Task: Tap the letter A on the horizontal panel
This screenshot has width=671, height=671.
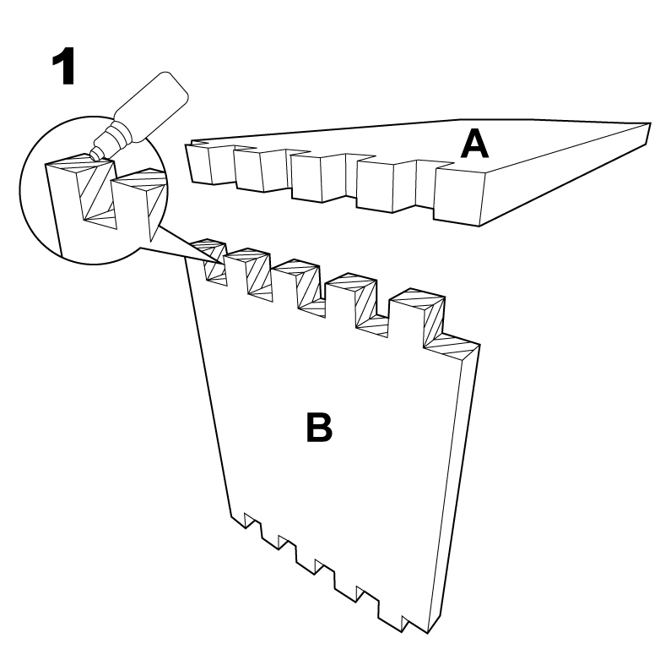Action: pos(474,145)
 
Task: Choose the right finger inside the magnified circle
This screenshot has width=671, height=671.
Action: pos(135,203)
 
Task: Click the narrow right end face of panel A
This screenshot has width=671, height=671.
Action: pos(646,133)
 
